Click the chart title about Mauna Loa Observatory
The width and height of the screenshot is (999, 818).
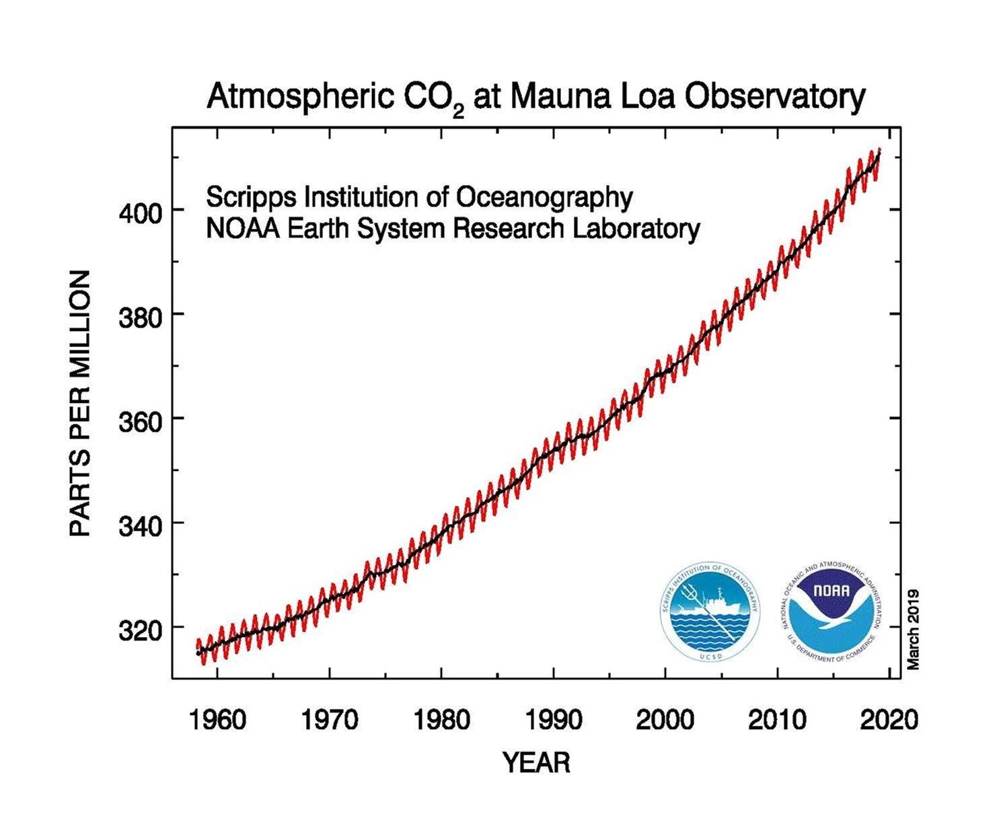[x=535, y=98]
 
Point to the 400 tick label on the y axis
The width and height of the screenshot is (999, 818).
[x=140, y=214]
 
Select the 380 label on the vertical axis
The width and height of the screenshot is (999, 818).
[x=140, y=318]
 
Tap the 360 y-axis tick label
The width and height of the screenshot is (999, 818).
[x=140, y=422]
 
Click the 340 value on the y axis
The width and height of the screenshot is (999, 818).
[x=140, y=526]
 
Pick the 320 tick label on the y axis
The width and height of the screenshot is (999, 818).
[x=140, y=630]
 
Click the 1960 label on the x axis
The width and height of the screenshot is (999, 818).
[x=217, y=720]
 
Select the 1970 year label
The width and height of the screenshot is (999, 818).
[x=329, y=720]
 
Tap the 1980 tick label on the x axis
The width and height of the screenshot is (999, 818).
[x=441, y=720]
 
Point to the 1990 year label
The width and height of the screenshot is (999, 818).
[x=553, y=720]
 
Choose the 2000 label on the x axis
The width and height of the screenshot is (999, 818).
[x=665, y=720]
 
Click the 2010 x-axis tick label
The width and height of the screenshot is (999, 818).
[x=777, y=720]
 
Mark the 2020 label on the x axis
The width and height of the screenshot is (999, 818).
[x=889, y=720]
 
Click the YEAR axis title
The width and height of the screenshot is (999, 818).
[x=536, y=763]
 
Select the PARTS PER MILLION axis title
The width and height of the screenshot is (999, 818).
[x=80, y=403]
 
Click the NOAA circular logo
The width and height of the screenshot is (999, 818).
[x=831, y=611]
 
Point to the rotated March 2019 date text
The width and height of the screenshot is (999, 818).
[x=913, y=629]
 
